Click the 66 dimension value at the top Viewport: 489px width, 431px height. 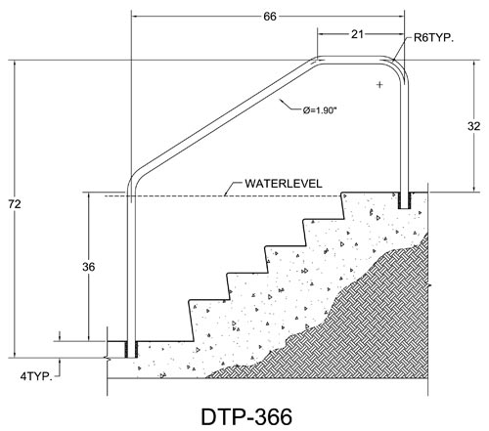tap(270, 17)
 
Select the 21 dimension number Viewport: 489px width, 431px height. tap(357, 34)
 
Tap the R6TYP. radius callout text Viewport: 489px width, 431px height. tap(433, 38)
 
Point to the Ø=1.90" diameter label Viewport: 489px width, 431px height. tap(319, 110)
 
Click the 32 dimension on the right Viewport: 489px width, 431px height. tap(473, 126)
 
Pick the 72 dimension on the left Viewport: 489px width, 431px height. tap(15, 204)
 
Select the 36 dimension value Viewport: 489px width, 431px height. tap(88, 267)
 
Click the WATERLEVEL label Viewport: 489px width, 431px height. tap(284, 184)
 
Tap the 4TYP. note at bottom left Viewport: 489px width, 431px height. tap(36, 376)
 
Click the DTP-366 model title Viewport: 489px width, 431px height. tap(246, 417)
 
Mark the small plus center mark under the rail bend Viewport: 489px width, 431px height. tap(379, 85)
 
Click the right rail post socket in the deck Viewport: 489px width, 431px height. tap(405, 200)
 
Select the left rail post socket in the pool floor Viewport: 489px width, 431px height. tap(131, 350)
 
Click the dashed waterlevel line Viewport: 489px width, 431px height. tap(223, 196)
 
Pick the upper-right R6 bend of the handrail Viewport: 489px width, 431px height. tap(398, 65)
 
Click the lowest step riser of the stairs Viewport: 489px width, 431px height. tap(191, 321)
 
